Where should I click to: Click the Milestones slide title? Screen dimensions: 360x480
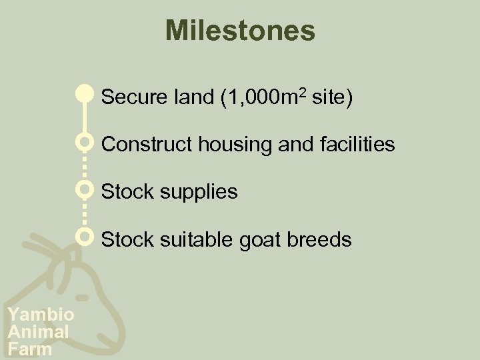(240, 31)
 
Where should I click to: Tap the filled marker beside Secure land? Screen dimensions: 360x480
(84, 94)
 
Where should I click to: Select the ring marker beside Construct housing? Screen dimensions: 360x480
(84, 143)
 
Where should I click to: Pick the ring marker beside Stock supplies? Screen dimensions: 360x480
(84, 190)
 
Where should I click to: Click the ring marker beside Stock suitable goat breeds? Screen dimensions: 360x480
(84, 237)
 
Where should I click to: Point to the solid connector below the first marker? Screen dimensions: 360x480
(84, 119)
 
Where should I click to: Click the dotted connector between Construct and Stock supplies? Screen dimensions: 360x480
(84, 167)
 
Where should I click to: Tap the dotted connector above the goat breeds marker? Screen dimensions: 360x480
(84, 213)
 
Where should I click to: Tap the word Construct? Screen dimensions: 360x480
(142, 144)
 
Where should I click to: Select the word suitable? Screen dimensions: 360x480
(187, 239)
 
